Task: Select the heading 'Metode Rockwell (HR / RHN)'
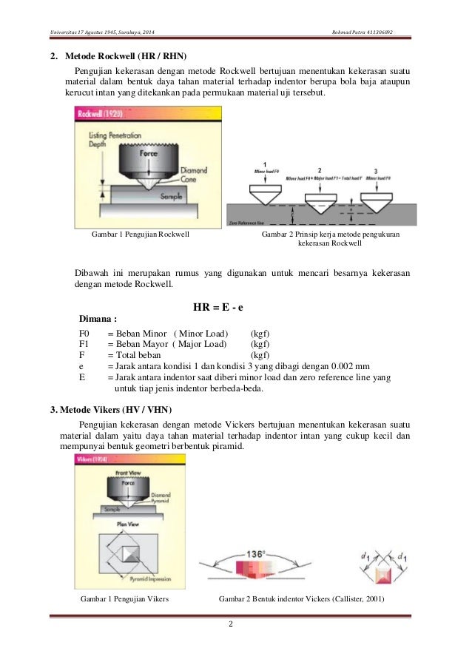(118, 56)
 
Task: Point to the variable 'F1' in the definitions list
(84, 344)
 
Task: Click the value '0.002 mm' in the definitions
(352, 366)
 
